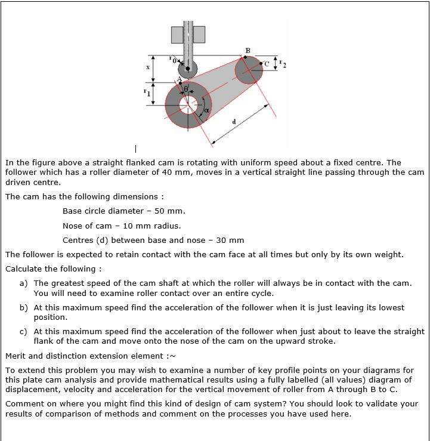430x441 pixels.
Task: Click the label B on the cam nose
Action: (248, 50)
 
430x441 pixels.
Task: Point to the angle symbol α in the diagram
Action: (207, 109)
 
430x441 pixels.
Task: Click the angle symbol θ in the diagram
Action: (186, 88)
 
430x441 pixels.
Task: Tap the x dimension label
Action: (147, 68)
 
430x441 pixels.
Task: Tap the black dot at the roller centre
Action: (188, 69)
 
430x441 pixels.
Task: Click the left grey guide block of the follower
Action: (178, 35)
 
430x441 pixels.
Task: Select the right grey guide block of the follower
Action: (197, 35)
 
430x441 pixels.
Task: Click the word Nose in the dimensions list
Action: (73, 226)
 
